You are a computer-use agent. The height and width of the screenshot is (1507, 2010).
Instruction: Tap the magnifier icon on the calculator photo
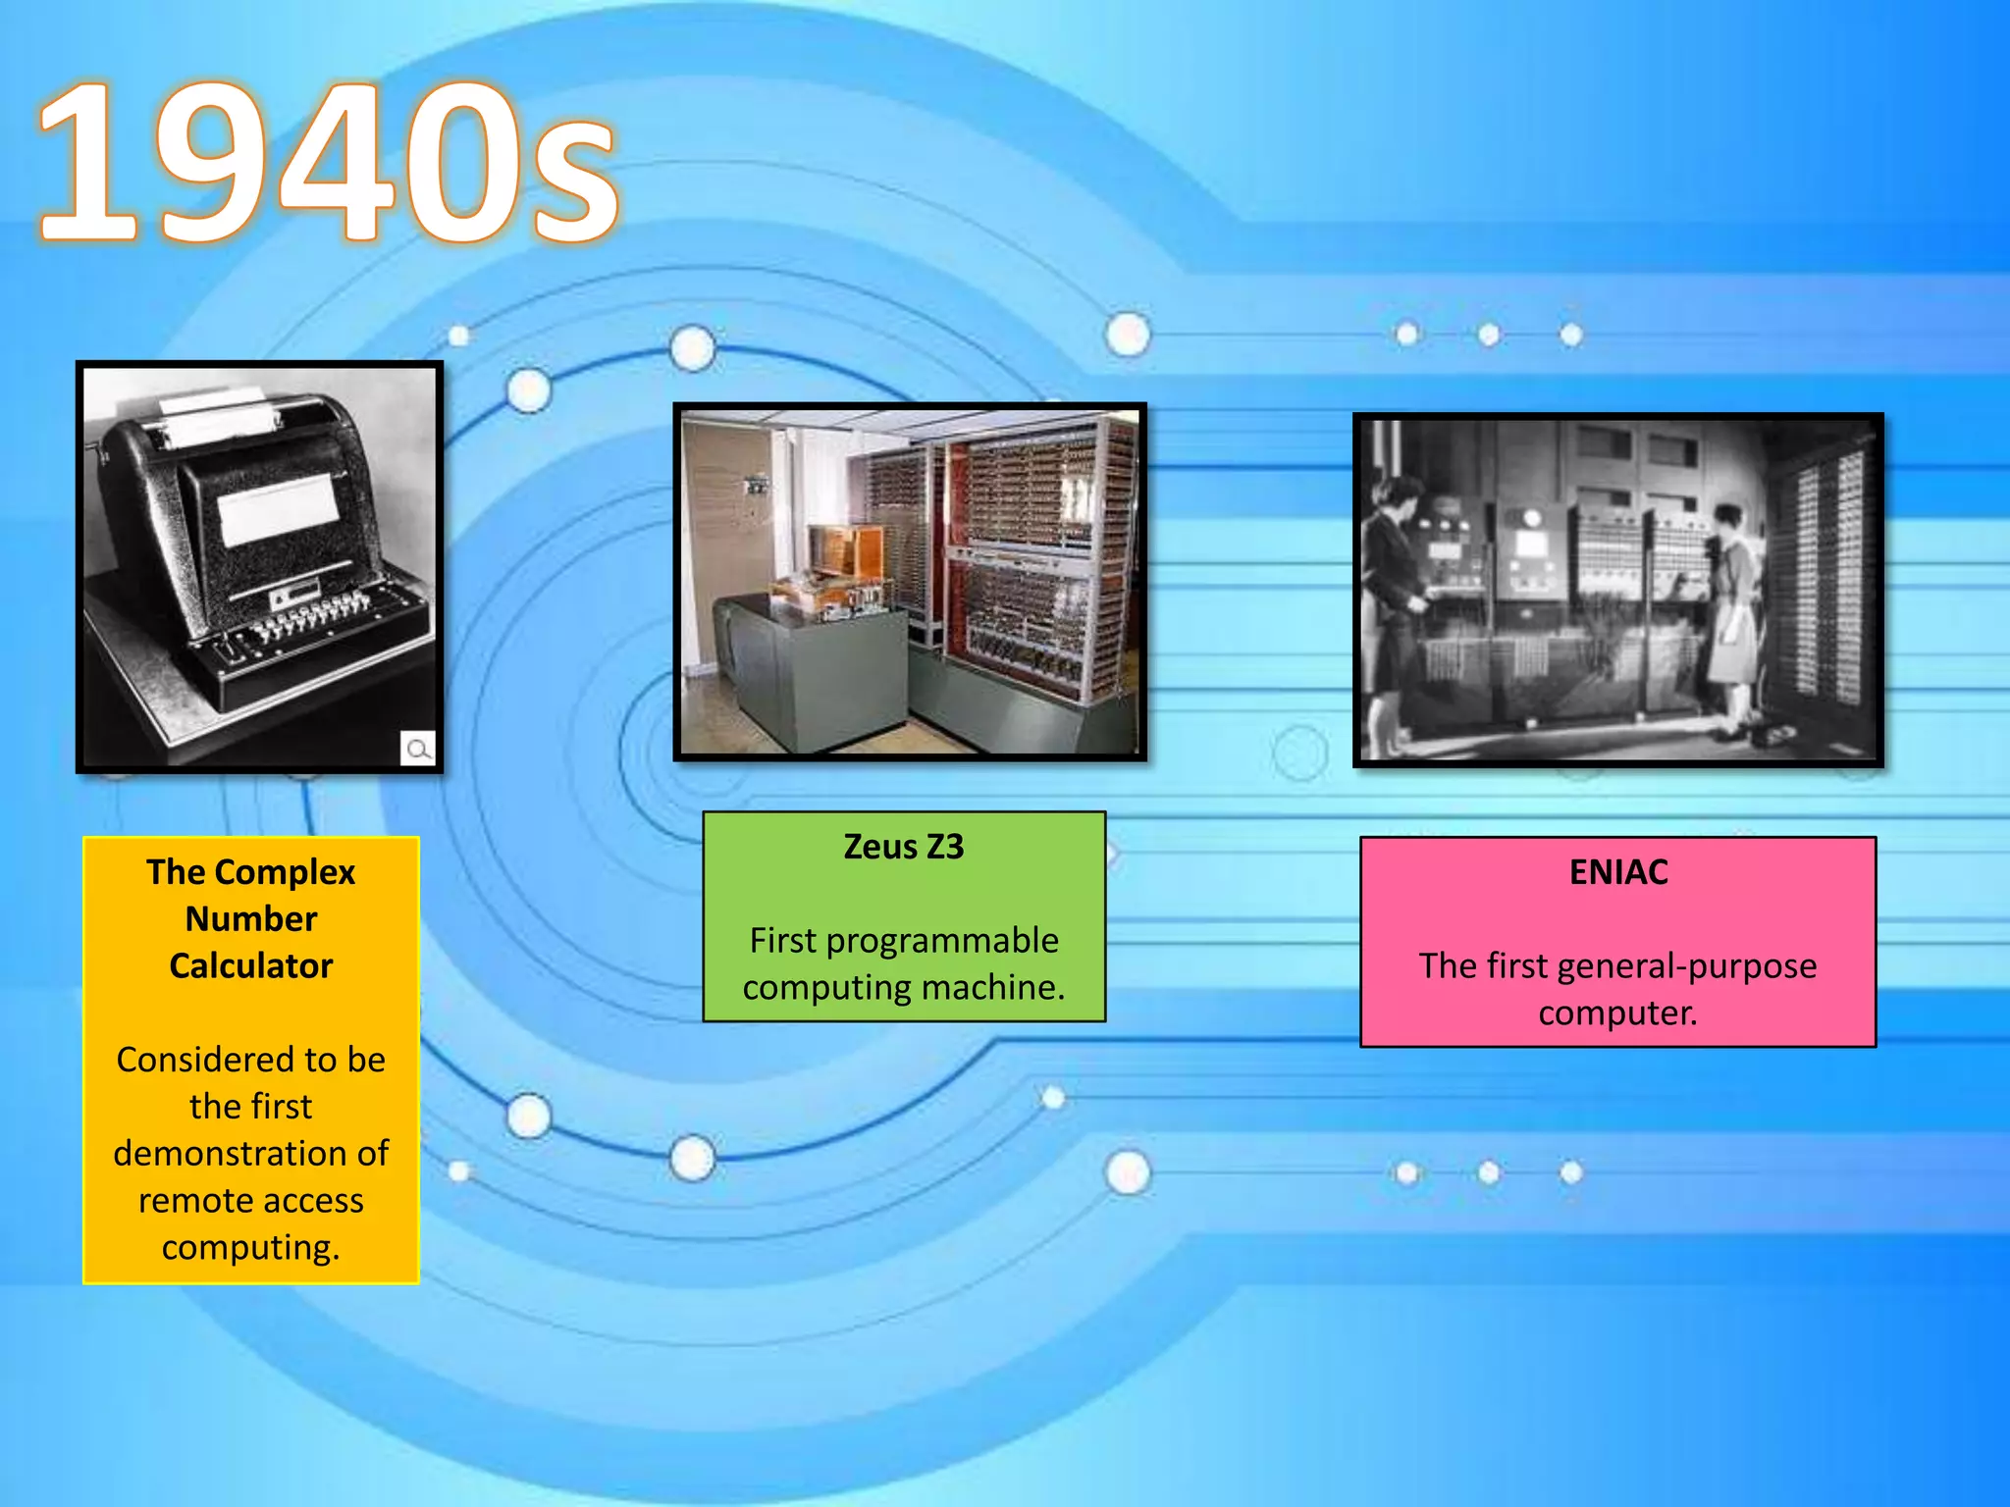point(418,750)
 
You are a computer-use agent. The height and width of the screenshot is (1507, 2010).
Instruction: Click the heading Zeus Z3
point(904,847)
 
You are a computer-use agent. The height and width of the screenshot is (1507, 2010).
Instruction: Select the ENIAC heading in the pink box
point(1618,872)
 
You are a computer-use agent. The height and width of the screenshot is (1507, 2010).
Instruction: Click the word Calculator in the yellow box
point(251,966)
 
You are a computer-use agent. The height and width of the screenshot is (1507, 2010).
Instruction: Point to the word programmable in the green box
point(942,941)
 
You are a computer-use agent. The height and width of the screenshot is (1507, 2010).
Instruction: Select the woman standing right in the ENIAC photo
point(1732,608)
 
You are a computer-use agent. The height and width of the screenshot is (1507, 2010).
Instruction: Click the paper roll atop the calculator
point(216,412)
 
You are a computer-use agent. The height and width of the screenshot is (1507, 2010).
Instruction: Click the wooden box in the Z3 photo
point(845,549)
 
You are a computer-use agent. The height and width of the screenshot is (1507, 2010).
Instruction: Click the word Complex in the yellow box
point(285,872)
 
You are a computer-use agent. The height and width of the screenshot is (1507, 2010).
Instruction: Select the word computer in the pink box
point(1617,1013)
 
